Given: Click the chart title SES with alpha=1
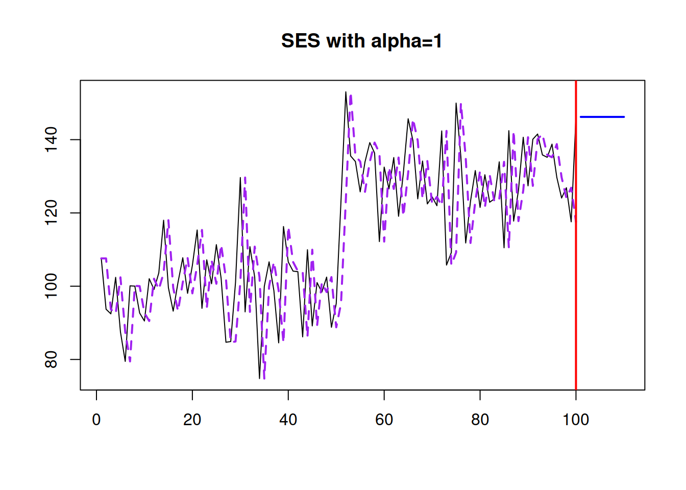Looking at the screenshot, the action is [x=361, y=41].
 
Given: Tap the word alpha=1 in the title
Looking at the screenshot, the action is [x=406, y=41].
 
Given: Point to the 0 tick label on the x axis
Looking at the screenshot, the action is [x=96, y=420].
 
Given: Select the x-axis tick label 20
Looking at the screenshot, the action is [x=192, y=420].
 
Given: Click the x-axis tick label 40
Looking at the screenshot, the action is [x=288, y=420].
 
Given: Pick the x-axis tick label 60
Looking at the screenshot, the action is [x=384, y=420].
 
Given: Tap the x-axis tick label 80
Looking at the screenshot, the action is [x=480, y=420].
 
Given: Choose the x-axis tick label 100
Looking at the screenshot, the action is [x=576, y=420].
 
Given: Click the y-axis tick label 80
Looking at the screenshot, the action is [x=51, y=359].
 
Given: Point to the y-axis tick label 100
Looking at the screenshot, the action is [x=51, y=286].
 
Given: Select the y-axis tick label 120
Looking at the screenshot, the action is [x=51, y=213].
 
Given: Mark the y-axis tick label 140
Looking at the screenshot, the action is [x=51, y=140].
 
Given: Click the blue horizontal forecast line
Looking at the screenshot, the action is [x=602, y=117].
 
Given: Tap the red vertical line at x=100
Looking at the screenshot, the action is [x=576, y=235].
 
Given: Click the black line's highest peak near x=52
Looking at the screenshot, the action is [x=346, y=92].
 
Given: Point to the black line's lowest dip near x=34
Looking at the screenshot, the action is [x=259, y=379].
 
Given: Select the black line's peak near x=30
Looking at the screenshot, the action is [x=240, y=177].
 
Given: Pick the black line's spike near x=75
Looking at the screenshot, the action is [x=456, y=103].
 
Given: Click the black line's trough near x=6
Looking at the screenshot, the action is [x=125, y=361].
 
